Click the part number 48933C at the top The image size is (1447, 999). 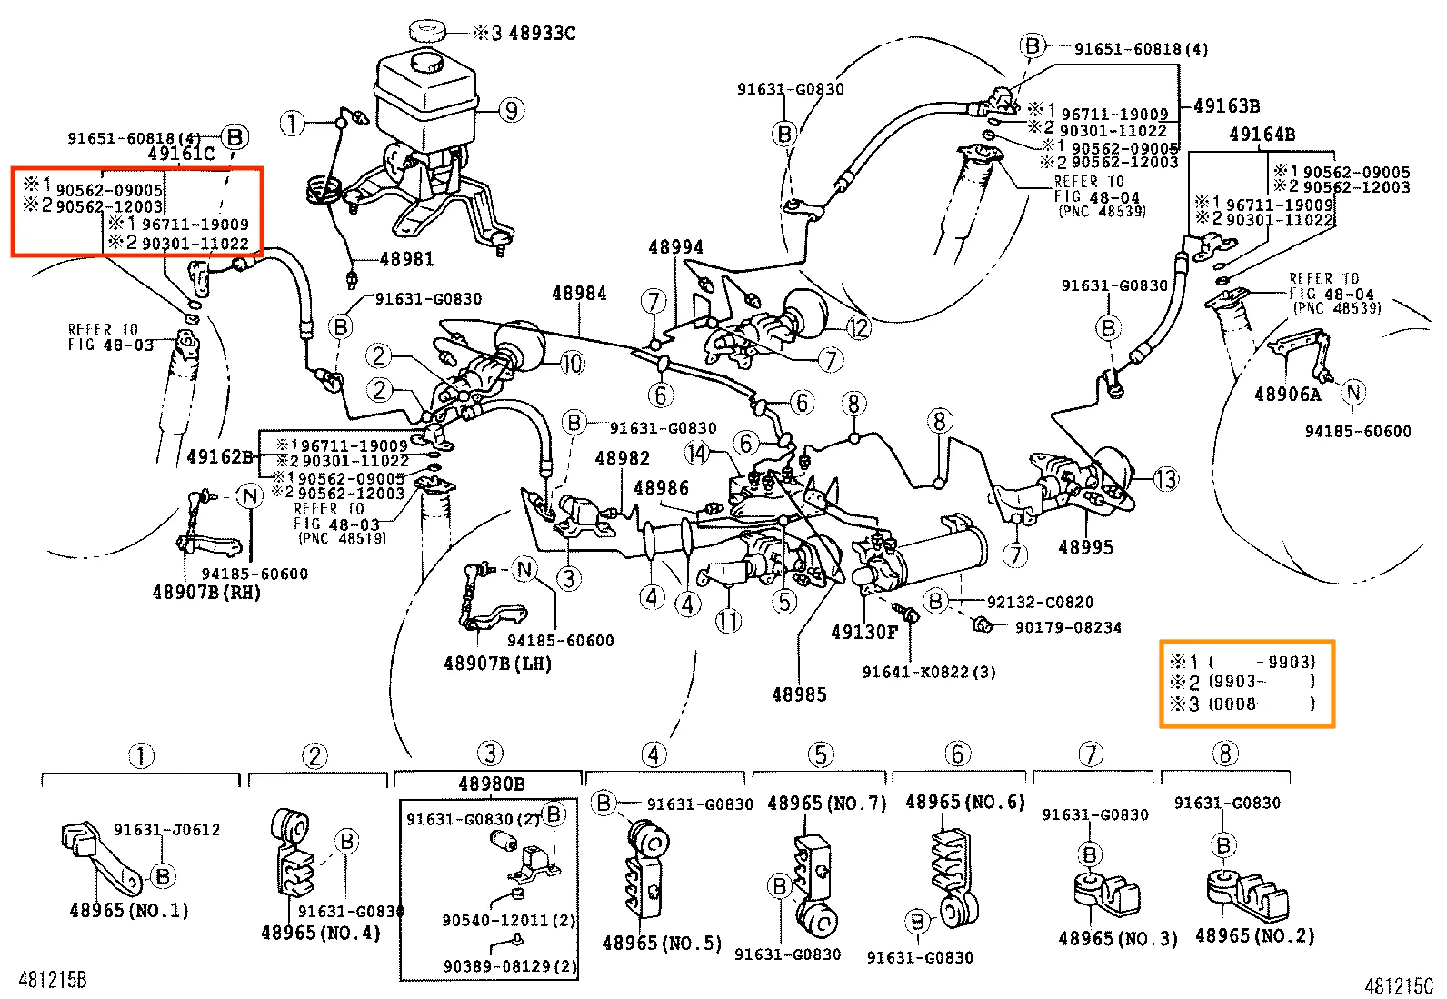pos(542,34)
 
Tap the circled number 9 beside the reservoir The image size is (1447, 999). pos(511,111)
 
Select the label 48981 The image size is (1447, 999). pos(406,260)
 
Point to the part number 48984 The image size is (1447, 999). pos(579,294)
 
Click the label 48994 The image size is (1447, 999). pos(675,247)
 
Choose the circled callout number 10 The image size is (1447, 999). pos(571,364)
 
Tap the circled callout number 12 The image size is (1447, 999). pos(858,327)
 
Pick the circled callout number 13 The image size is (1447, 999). pos(1166,479)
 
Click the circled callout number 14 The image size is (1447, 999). pos(697,453)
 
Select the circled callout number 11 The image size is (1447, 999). pos(728,622)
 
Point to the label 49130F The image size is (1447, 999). pos(863,633)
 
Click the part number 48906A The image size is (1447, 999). pos(1287,395)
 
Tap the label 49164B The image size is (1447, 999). pos(1262,135)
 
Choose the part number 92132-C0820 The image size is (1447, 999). pos(1040,602)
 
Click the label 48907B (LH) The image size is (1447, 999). pos(497,664)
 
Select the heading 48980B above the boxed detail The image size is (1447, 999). pos(491,784)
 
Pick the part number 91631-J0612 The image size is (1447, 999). pos(166,830)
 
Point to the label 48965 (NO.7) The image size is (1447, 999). pos(826,804)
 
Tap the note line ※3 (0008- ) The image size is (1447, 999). pos(1242,704)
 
